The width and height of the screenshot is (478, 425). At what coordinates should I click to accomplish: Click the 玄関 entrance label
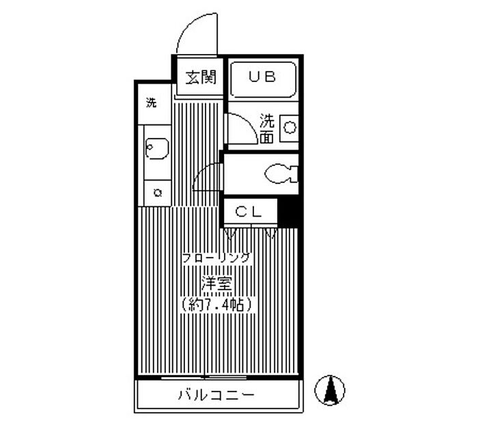click(x=201, y=77)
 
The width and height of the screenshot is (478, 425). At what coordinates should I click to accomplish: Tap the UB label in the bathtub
click(x=262, y=77)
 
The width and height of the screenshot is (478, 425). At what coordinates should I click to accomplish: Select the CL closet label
click(x=249, y=211)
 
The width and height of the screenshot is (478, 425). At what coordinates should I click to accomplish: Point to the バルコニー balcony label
click(x=216, y=395)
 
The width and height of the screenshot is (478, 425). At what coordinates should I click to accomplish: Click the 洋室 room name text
click(x=217, y=284)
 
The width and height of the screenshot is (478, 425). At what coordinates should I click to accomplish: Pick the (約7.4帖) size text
click(x=217, y=304)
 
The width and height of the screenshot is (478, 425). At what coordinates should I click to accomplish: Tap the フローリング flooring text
click(x=216, y=258)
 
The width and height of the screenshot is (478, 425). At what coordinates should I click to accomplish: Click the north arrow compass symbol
click(x=330, y=390)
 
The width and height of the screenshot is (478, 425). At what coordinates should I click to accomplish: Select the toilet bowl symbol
click(x=281, y=174)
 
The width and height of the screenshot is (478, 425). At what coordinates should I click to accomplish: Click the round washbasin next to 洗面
click(x=290, y=128)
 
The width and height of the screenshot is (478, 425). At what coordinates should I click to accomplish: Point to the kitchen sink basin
click(x=157, y=148)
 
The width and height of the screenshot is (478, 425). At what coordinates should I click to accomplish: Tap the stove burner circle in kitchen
click(x=158, y=193)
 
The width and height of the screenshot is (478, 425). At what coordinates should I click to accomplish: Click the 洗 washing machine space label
click(x=151, y=102)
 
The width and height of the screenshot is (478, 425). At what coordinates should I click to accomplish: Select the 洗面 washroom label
click(x=267, y=128)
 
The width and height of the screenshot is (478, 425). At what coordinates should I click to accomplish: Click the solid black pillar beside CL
click(x=288, y=212)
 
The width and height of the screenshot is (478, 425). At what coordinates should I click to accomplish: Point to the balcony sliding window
click(x=203, y=378)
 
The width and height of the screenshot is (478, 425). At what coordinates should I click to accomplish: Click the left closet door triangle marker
click(x=231, y=234)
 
